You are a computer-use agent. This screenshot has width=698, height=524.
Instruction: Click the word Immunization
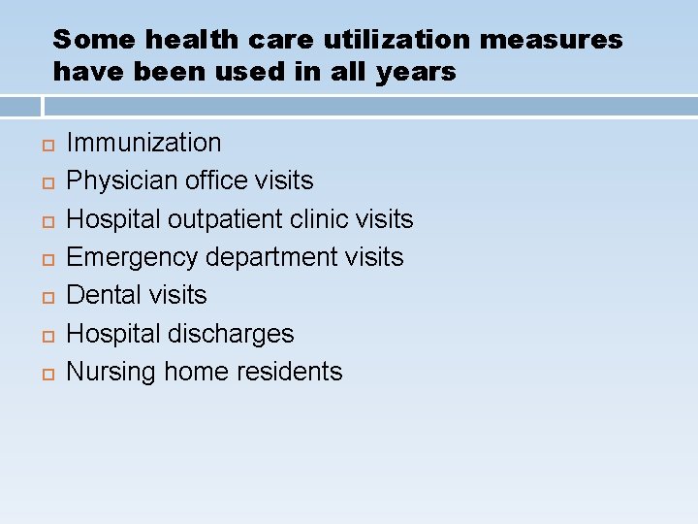143,143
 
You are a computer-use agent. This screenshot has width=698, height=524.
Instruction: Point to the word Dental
102,295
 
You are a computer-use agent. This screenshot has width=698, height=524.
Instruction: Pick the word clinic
324,219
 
